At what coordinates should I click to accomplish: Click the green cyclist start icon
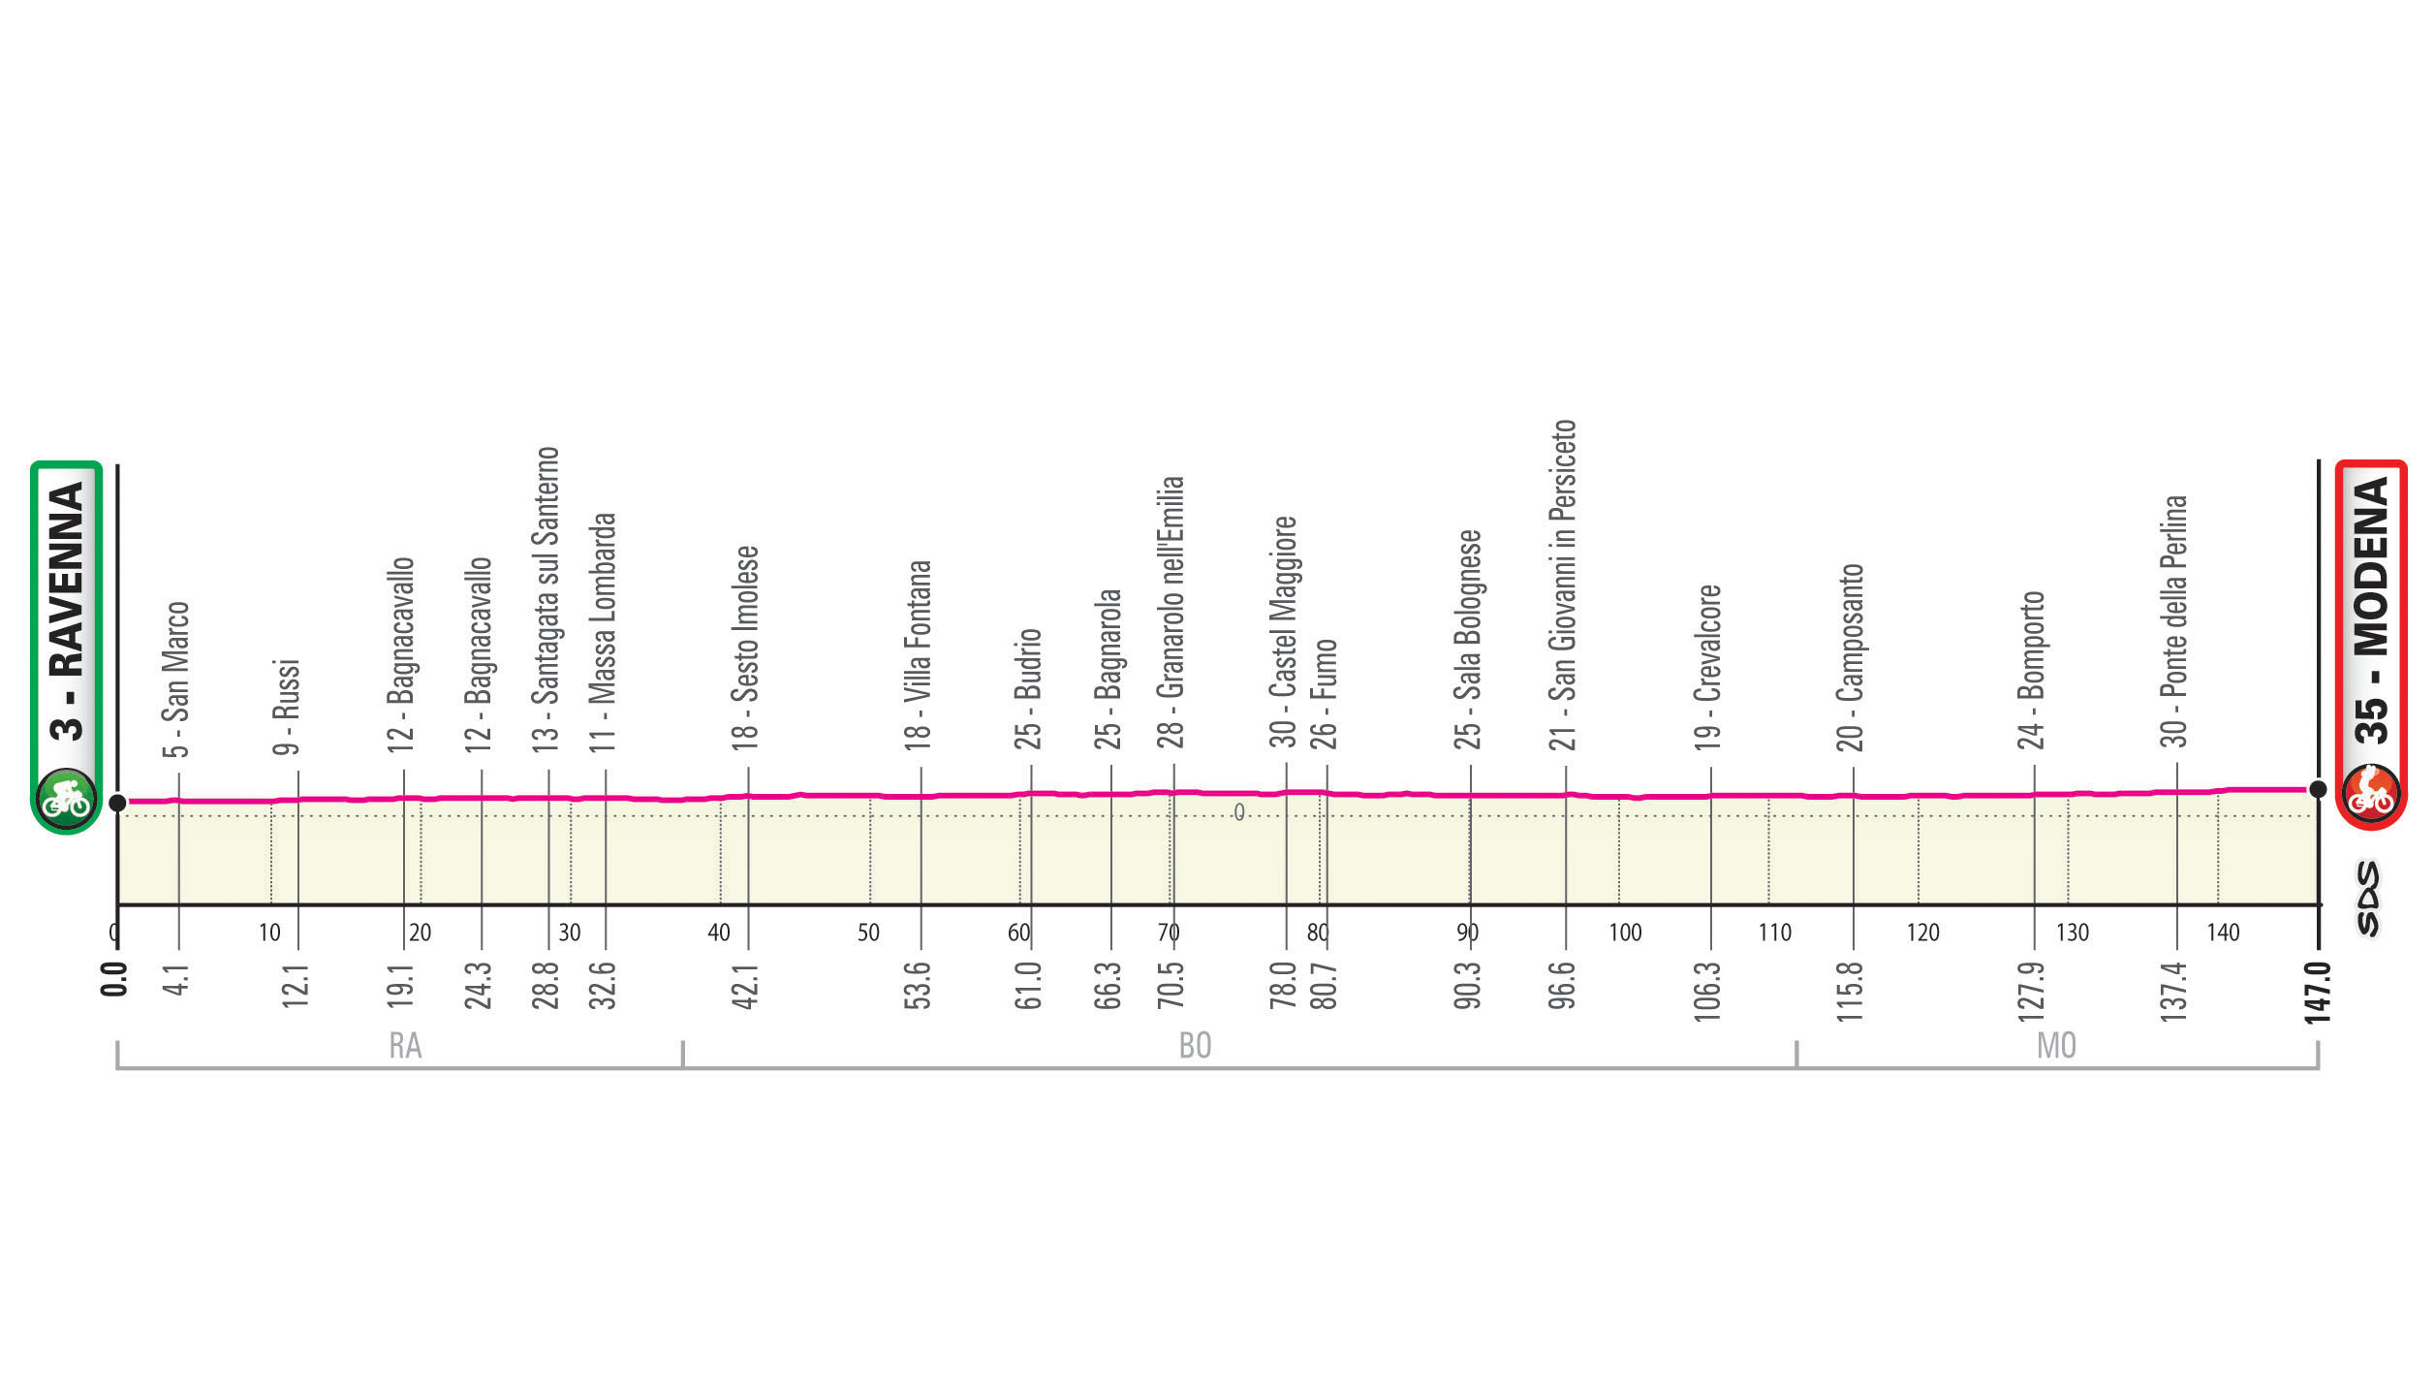(66, 799)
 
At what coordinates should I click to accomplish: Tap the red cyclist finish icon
(2370, 795)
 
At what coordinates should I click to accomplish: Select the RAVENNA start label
(66, 611)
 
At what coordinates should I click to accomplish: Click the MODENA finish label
(2370, 611)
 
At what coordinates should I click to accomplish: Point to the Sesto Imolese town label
(745, 648)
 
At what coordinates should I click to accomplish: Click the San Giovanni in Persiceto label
(1562, 585)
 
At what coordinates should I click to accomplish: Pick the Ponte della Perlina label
(2173, 621)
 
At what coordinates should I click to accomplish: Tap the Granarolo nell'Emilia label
(1171, 613)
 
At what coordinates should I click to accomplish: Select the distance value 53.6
(917, 986)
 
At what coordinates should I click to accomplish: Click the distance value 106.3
(1706, 991)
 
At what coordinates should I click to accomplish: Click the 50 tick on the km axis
(868, 933)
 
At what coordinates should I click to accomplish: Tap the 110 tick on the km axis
(1774, 933)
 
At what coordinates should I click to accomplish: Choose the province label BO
(1195, 1046)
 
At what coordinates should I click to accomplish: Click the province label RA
(405, 1046)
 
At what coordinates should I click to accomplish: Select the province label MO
(2056, 1046)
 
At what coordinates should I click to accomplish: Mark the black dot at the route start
(117, 803)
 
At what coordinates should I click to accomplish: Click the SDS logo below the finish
(2368, 899)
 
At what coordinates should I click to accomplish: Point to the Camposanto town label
(1850, 657)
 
